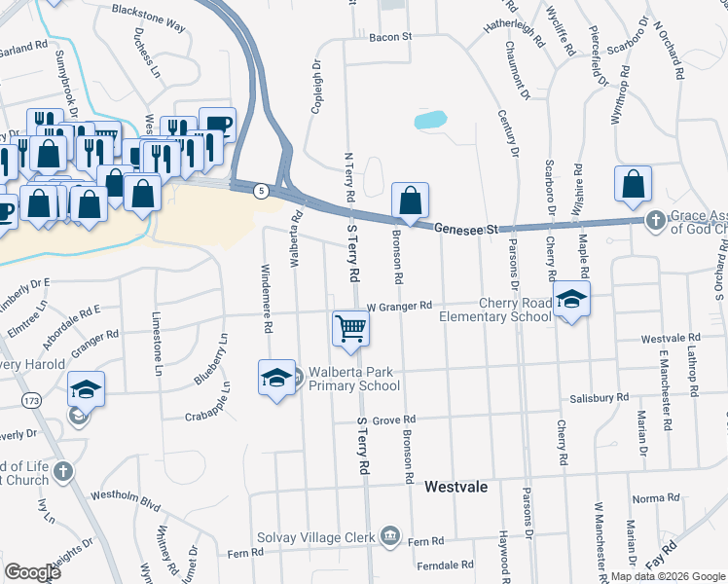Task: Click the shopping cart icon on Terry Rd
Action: click(350, 328)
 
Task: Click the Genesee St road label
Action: click(465, 228)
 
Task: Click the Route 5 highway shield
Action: click(260, 192)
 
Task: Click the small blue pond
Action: click(430, 121)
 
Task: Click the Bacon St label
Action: click(391, 38)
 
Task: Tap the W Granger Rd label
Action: click(398, 306)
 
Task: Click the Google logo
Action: click(33, 572)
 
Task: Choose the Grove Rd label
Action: click(394, 420)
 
